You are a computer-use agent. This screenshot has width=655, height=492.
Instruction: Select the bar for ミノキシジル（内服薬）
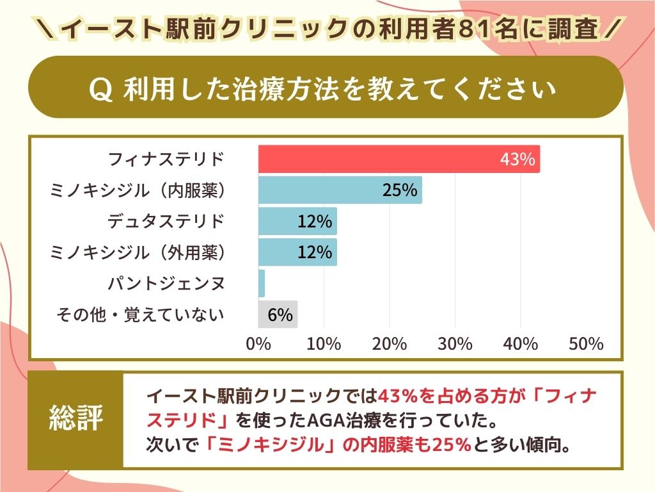coord(340,190)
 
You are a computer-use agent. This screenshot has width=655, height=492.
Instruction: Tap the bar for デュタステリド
coord(297,222)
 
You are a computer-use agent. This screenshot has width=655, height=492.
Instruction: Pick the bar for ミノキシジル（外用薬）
coord(297,252)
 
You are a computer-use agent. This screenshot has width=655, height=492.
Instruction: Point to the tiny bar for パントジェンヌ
coord(262,283)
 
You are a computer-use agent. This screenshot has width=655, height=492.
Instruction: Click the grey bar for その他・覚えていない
coord(278,315)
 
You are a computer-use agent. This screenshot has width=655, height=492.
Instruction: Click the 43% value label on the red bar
coord(517,160)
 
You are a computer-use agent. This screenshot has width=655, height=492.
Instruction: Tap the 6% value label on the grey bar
coord(280,315)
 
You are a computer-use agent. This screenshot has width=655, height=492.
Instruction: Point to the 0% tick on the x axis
coord(258,344)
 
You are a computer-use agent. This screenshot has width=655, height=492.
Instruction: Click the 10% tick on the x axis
coord(324,344)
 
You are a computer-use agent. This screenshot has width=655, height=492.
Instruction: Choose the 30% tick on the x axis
coord(455,344)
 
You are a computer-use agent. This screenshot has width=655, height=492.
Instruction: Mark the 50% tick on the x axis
coord(585,344)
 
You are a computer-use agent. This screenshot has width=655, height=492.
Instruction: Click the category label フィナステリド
coord(167,159)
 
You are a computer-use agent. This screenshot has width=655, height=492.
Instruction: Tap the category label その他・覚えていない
coord(141,315)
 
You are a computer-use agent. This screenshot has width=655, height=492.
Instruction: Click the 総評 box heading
coord(75,420)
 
